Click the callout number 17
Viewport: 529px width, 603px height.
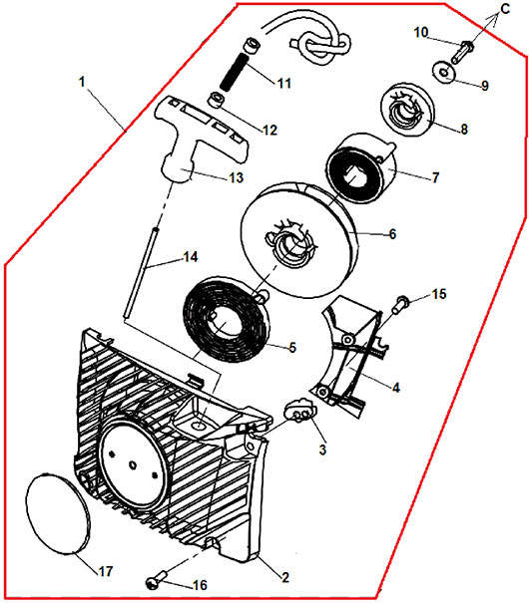[x=105, y=571]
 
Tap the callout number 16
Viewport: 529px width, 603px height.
[x=200, y=585]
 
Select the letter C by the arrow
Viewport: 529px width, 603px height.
[x=505, y=8]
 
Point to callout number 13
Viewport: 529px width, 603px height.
[x=236, y=177]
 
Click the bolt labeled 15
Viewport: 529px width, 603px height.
[x=399, y=304]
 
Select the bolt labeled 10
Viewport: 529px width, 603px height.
[x=461, y=52]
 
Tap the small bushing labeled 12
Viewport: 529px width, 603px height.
[x=217, y=100]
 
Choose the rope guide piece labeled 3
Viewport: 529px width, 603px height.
[x=299, y=411]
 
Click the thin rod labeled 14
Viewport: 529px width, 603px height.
[x=140, y=273]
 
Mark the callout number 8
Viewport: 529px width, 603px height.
[x=464, y=129]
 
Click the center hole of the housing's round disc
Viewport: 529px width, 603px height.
[x=132, y=465]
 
